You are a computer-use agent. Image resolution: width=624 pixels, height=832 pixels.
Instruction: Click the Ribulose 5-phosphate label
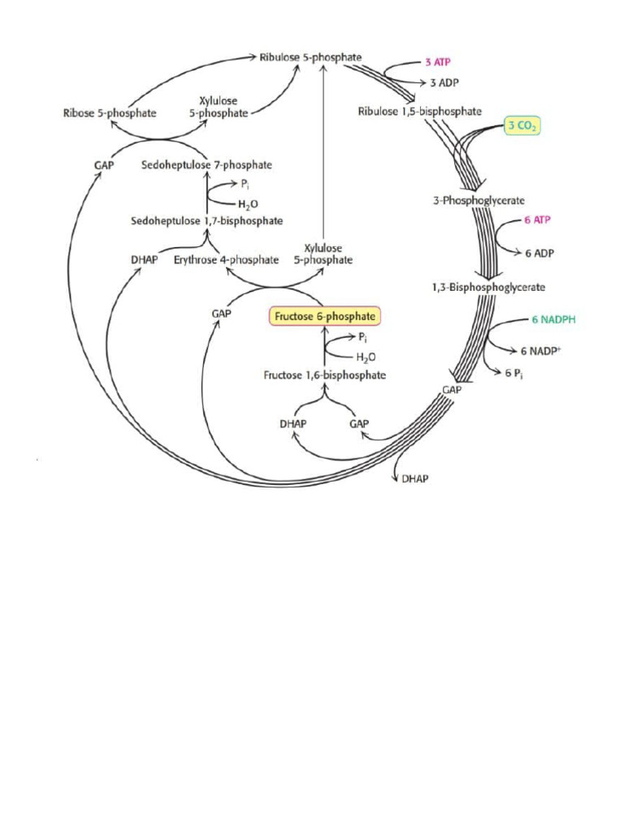click(311, 58)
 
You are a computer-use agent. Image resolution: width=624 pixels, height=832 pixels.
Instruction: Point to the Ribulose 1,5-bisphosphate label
click(419, 111)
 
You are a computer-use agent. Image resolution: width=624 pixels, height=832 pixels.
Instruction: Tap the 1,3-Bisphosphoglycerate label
click(488, 287)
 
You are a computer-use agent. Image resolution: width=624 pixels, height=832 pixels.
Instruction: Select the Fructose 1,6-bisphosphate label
click(324, 375)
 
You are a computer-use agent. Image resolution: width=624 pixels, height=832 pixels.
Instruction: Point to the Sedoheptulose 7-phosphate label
click(206, 165)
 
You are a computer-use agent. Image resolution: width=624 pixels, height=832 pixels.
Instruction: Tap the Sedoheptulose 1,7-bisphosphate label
click(207, 220)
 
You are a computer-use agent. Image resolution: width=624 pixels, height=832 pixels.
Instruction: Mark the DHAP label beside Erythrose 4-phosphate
click(144, 260)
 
